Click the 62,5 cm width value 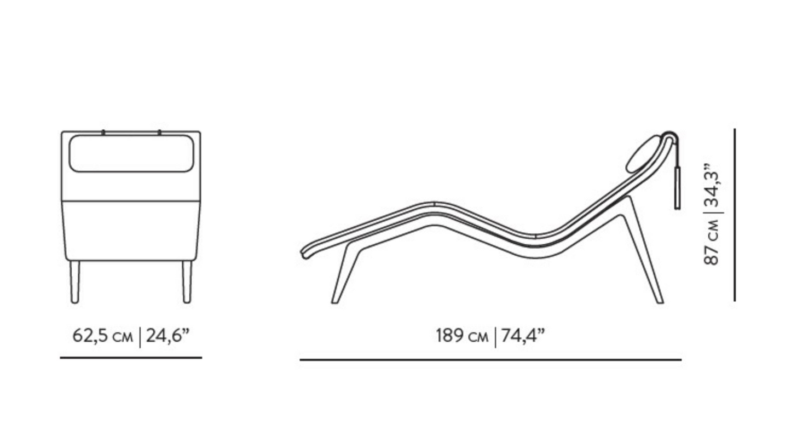[103, 336]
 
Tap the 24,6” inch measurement [168, 335]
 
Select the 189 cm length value [462, 336]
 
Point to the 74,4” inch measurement [523, 335]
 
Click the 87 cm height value [711, 243]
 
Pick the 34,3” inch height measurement [711, 186]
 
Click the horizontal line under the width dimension [131, 358]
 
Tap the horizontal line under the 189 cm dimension [490, 360]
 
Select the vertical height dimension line [735, 215]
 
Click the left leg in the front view [74, 282]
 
